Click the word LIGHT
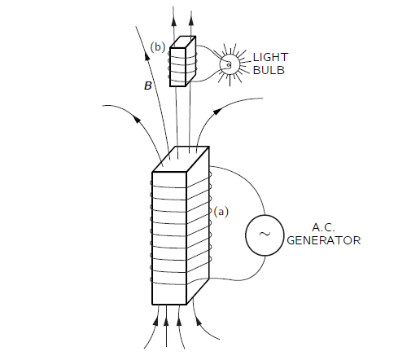pyautogui.click(x=270, y=57)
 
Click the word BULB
pyautogui.click(x=269, y=70)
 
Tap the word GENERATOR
pyautogui.click(x=324, y=240)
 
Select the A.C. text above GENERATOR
pyautogui.click(x=323, y=227)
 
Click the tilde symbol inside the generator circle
pyautogui.click(x=265, y=234)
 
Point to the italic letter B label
pyautogui.click(x=148, y=86)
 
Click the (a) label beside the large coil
pyautogui.click(x=221, y=212)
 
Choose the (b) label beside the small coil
pyautogui.click(x=158, y=47)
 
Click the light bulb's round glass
pyautogui.click(x=230, y=64)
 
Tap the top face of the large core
pyautogui.click(x=181, y=159)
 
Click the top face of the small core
pyautogui.click(x=183, y=42)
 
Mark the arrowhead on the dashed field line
pyautogui.click(x=147, y=56)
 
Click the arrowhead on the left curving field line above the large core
pyautogui.click(x=138, y=119)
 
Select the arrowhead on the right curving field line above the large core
pyautogui.click(x=217, y=112)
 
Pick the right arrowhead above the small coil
pyautogui.click(x=191, y=20)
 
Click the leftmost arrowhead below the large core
pyautogui.click(x=155, y=321)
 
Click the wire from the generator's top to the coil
pyautogui.click(x=244, y=182)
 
